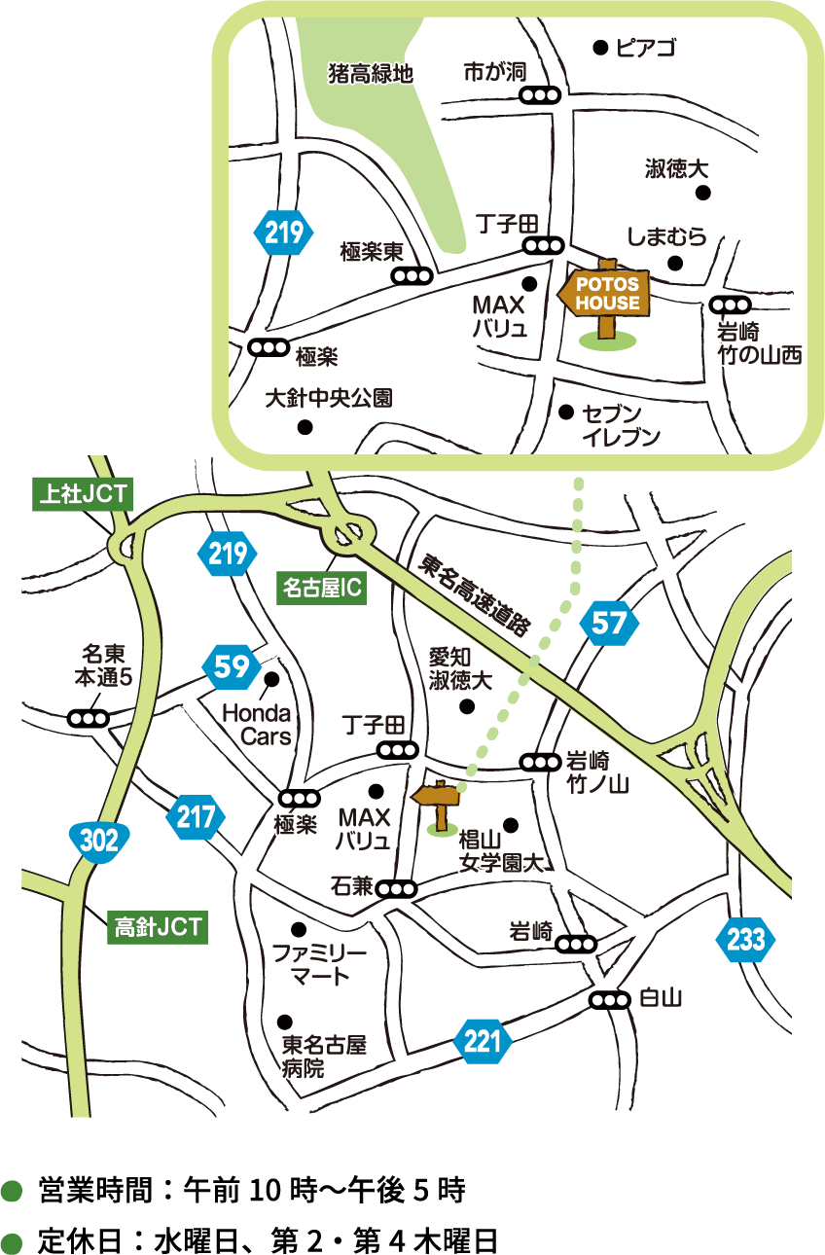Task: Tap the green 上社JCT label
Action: (x=80, y=493)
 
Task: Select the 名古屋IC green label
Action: (x=322, y=588)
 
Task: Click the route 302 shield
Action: (x=99, y=842)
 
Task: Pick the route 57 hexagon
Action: (x=610, y=624)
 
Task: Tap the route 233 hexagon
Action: (x=746, y=940)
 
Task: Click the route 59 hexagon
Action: (x=232, y=666)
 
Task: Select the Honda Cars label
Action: (x=257, y=725)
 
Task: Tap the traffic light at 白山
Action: (x=610, y=999)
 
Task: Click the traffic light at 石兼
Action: (x=396, y=888)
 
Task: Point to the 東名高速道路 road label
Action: (x=474, y=595)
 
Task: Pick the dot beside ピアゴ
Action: (x=600, y=46)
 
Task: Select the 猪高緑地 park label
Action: (x=371, y=73)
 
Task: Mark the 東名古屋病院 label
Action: (x=323, y=1057)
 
